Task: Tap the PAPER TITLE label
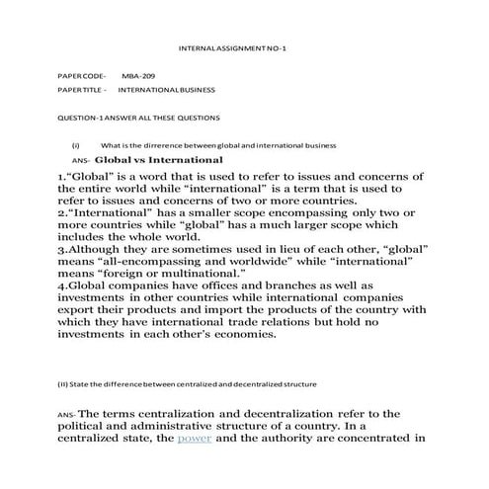pyautogui.click(x=81, y=90)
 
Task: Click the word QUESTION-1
pyautogui.click(x=82, y=118)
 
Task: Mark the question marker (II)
pyautogui.click(x=64, y=382)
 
